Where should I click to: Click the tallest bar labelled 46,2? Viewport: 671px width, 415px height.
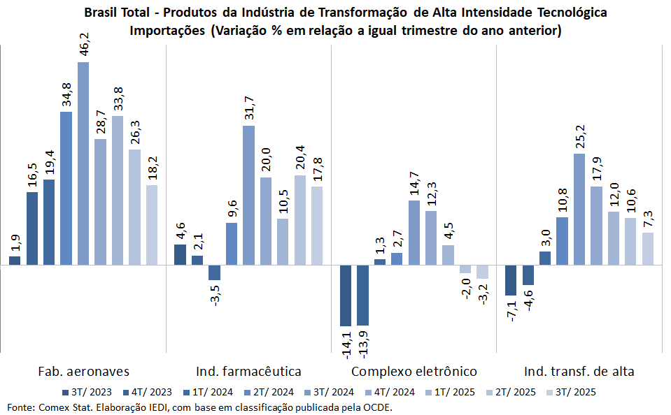click(x=83, y=163)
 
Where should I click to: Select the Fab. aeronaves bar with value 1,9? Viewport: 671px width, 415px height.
click(x=15, y=261)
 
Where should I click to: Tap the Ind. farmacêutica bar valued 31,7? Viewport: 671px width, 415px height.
click(x=248, y=196)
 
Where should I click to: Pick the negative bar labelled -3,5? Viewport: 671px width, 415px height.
click(x=214, y=272)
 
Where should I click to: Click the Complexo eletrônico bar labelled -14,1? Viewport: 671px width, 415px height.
click(x=346, y=296)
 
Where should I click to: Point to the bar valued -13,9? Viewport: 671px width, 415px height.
click(x=362, y=296)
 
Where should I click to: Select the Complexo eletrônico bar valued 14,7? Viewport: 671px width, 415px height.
click(x=414, y=233)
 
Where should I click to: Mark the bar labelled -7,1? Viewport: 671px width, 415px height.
click(x=511, y=280)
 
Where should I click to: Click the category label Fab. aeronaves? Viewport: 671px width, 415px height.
click(x=84, y=371)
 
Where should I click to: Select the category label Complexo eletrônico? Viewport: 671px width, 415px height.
click(x=414, y=371)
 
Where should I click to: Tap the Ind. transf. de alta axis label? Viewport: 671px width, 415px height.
click(x=579, y=371)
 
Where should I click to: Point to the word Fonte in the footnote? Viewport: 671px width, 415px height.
click(x=20, y=407)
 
